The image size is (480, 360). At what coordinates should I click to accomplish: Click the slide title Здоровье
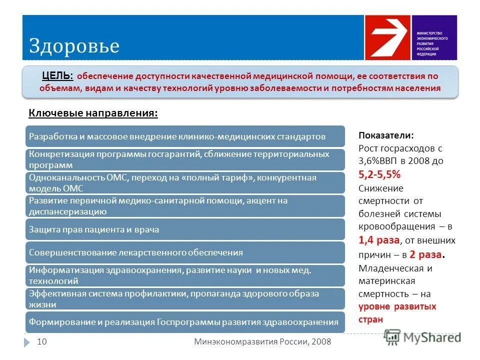[74, 46]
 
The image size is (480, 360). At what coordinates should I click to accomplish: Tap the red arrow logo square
[387, 37]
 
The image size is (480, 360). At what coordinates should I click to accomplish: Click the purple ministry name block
[434, 37]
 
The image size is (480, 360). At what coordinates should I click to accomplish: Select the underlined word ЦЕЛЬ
[57, 76]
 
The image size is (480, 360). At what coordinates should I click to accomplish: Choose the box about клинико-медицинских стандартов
[185, 136]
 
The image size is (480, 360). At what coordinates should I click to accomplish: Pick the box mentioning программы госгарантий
[185, 159]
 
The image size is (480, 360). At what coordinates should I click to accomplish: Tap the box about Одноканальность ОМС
[185, 182]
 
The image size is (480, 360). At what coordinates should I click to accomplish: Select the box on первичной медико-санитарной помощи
[185, 206]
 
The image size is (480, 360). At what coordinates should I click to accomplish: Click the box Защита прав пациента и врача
[185, 229]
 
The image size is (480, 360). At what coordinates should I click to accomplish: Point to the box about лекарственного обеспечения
[185, 252]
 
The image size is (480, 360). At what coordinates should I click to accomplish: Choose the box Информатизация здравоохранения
[185, 275]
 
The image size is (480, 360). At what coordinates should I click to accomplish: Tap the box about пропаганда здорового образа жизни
[185, 298]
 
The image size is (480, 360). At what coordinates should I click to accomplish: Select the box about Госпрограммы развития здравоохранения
[185, 322]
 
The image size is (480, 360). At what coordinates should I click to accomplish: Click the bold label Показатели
[386, 135]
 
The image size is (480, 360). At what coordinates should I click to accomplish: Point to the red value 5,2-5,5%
[379, 175]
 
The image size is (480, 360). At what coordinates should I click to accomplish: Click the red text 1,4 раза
[379, 240]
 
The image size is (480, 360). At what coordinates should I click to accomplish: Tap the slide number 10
[42, 341]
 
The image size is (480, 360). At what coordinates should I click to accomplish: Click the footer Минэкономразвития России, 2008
[262, 341]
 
